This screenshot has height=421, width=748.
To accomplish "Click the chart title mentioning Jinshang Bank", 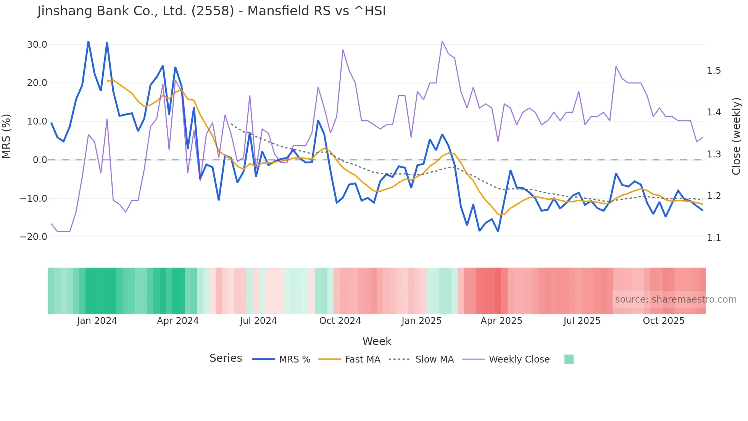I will pos(211,11).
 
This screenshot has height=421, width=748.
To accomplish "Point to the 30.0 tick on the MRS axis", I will pos(37,45).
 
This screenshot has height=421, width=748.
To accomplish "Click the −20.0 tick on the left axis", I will pos(34,237).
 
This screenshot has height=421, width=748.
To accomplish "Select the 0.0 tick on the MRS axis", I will pos(40,160).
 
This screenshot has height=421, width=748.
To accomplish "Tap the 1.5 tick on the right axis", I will pos(714,71).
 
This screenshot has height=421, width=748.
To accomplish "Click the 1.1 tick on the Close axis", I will pos(714,238).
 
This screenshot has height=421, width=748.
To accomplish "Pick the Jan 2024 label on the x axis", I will pos(97,321).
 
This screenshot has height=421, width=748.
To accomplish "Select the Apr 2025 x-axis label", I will pos(501,321).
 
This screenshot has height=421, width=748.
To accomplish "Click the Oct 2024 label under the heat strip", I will pos(340,321).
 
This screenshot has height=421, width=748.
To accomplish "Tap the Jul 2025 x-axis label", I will pos(582,321).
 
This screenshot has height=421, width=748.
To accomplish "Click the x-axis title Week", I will pos(377,341).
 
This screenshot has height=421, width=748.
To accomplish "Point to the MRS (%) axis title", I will pos(6,136).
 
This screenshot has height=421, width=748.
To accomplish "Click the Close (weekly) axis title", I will pos(736,136).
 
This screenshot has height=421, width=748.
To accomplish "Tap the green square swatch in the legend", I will pos(569,359).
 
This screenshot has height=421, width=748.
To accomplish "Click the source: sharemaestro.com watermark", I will pos(675,300).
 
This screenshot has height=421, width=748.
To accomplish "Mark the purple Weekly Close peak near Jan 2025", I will pos(442,41).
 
